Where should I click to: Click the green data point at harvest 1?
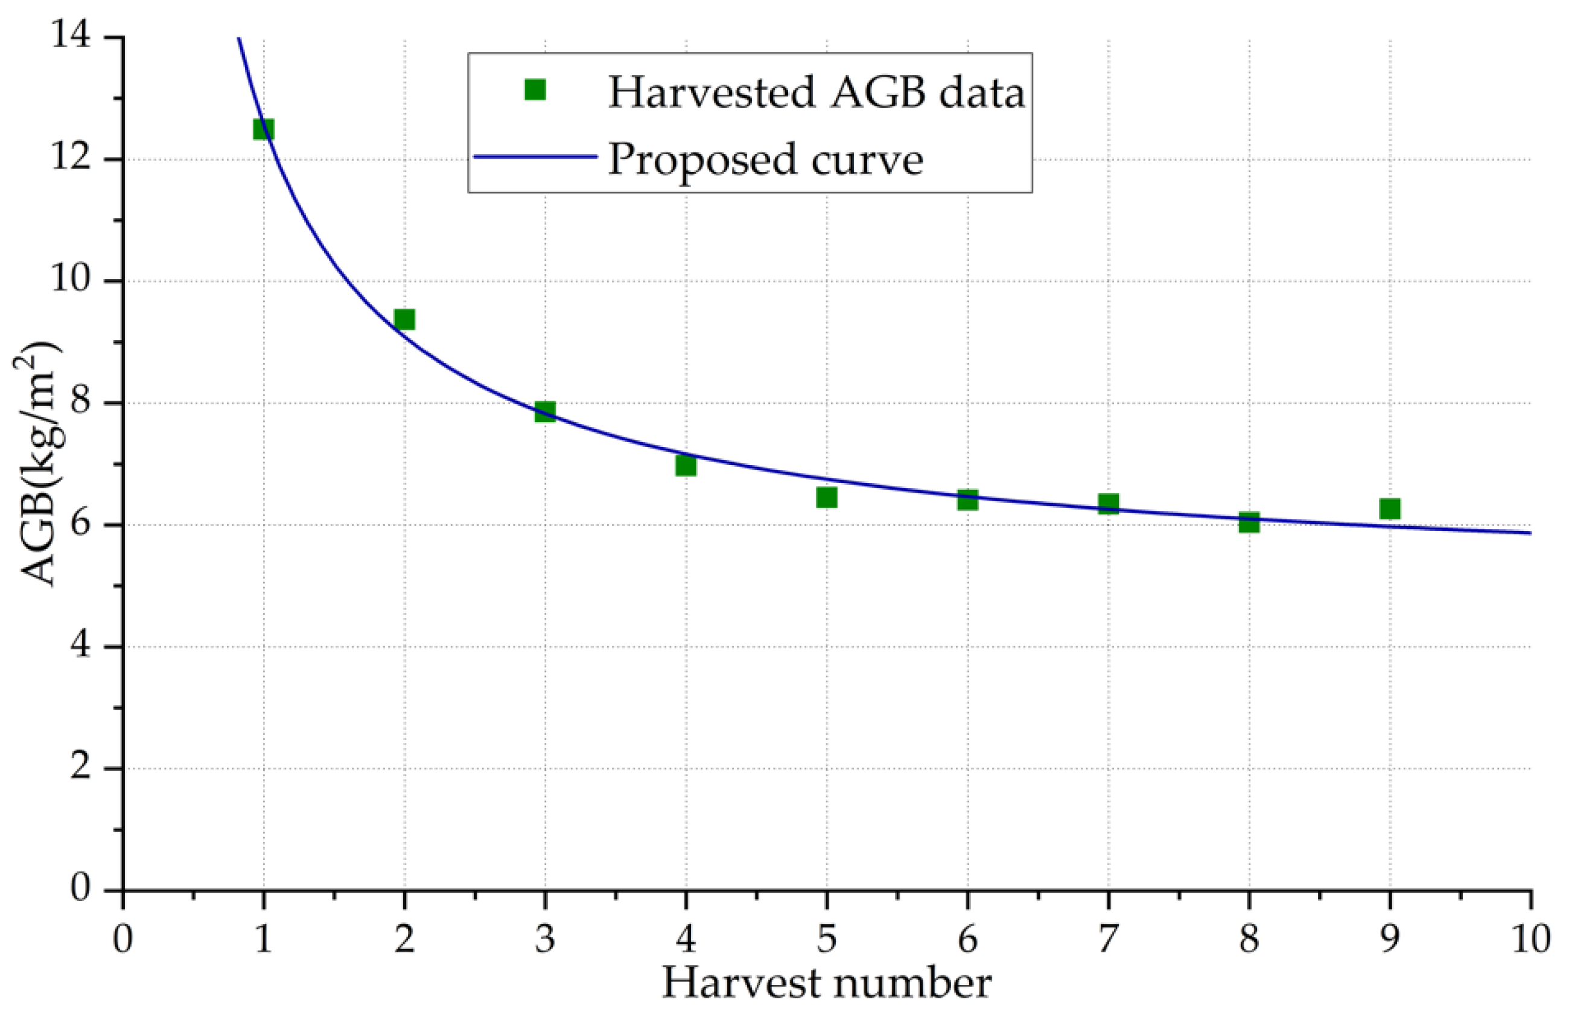point(263,128)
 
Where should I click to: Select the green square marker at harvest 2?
point(404,319)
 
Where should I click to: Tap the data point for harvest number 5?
point(827,496)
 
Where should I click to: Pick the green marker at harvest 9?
point(1390,508)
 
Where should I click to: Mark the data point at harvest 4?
point(686,466)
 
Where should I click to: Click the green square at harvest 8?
point(1249,522)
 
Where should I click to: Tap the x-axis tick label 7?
point(1108,937)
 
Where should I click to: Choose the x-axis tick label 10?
point(1529,937)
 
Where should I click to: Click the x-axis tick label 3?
point(545,937)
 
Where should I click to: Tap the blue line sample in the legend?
point(535,157)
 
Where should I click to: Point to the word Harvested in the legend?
point(712,92)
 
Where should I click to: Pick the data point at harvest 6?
point(967,499)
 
